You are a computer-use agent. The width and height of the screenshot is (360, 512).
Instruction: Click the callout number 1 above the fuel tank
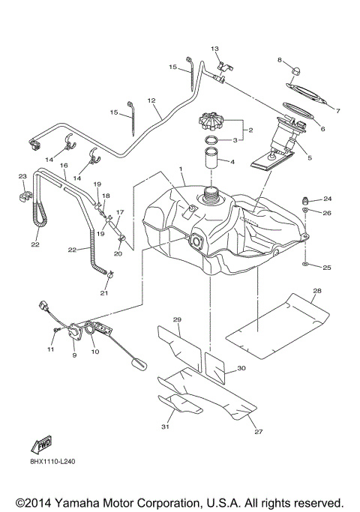tap(181, 169)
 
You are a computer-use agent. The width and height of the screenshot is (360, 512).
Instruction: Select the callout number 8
tap(279, 59)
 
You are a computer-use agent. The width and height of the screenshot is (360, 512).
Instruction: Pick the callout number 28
tap(317, 290)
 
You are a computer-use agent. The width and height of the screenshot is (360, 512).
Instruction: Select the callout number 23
tap(22, 177)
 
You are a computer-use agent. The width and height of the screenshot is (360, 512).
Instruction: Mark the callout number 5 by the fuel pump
tap(309, 158)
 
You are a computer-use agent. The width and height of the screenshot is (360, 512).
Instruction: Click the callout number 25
tap(327, 268)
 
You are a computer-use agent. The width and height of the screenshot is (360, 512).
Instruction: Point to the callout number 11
tap(51, 349)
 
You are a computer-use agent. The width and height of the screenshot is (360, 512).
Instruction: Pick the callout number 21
tap(104, 293)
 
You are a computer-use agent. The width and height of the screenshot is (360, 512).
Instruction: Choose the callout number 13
tap(214, 49)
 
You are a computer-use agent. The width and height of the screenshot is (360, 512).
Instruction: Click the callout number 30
tap(241, 369)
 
